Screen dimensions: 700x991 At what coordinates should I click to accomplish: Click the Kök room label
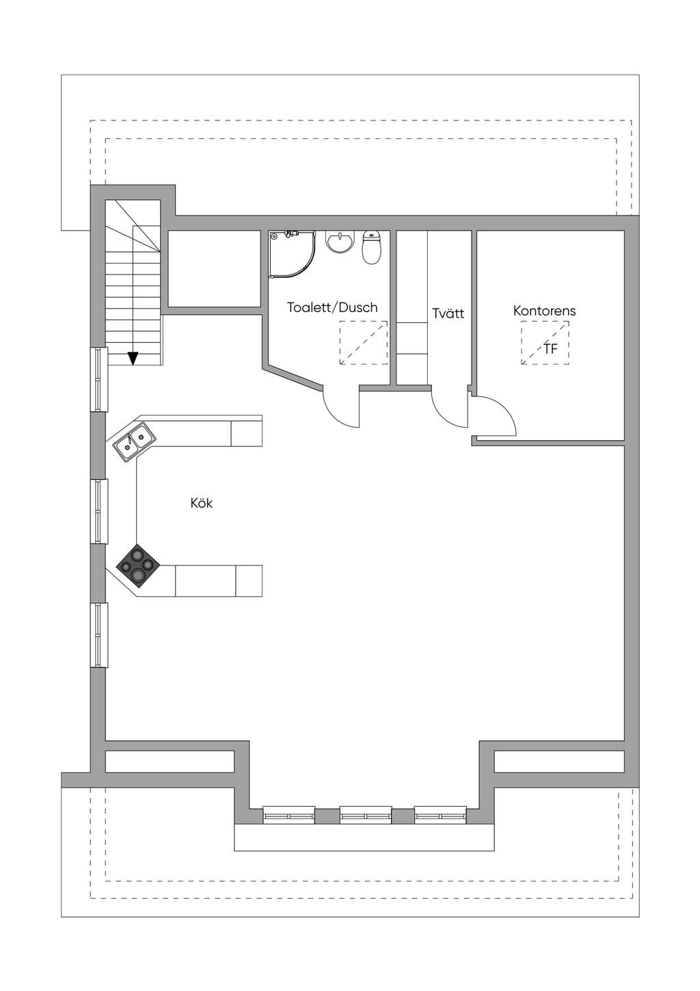point(202,503)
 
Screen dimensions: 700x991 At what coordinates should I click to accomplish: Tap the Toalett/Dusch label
point(332,307)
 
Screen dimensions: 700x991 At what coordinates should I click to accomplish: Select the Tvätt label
point(448,313)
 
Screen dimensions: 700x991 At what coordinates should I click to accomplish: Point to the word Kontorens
point(544,311)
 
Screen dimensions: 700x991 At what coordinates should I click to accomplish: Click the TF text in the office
point(550,349)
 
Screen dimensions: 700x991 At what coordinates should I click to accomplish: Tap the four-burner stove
point(138,566)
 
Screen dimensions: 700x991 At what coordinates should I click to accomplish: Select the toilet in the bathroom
point(371,248)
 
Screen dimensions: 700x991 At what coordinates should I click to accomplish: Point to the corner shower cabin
point(293,254)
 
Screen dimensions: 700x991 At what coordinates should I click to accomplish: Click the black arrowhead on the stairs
point(133,358)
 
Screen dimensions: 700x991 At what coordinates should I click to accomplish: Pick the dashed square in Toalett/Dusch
point(363,343)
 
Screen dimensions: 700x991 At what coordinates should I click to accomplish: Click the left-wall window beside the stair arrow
point(99,380)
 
